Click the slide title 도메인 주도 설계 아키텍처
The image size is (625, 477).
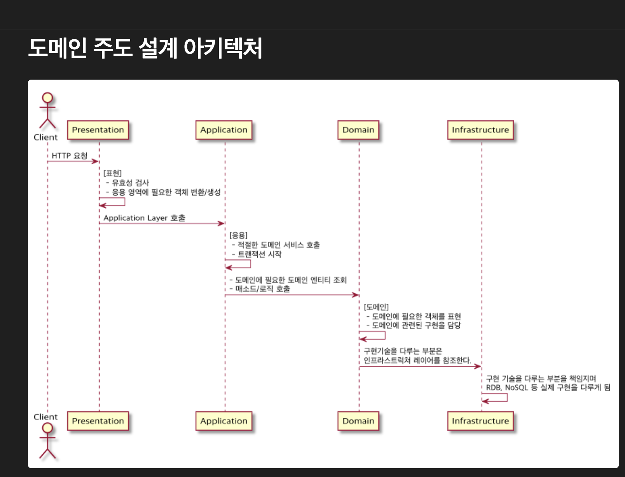(x=145, y=48)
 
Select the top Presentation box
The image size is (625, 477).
(x=98, y=130)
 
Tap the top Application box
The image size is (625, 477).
(x=224, y=130)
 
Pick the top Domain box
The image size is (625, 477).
(x=358, y=130)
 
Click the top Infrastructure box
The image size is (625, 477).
(x=480, y=130)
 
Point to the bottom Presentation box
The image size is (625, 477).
(x=98, y=421)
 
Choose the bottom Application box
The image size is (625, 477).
(x=224, y=421)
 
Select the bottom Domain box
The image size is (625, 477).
(x=358, y=421)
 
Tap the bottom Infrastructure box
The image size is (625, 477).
(x=480, y=421)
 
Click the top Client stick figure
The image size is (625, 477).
(x=47, y=111)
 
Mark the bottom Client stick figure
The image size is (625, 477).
(x=47, y=441)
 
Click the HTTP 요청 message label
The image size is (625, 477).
(x=70, y=156)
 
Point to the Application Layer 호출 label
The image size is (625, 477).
(x=144, y=218)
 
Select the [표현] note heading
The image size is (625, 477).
(x=113, y=173)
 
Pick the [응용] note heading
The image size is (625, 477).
(x=238, y=235)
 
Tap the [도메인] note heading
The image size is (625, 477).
(x=376, y=307)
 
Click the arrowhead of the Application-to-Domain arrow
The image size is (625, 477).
(x=355, y=295)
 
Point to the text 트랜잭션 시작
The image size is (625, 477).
(x=259, y=254)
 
